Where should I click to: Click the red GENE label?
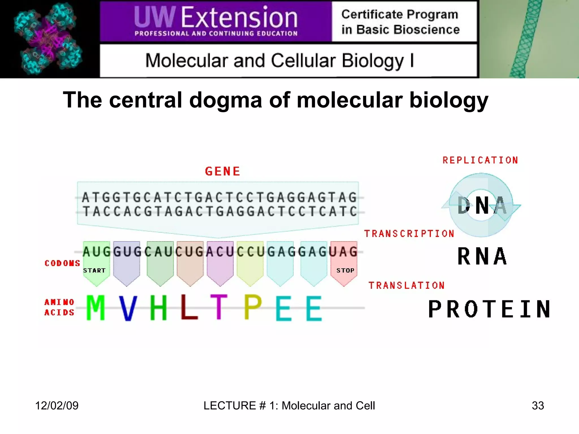coord(222,171)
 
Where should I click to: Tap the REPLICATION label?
coord(480,160)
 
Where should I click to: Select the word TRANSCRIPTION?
coord(409,234)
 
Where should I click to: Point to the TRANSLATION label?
coord(407,285)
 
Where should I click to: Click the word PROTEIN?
coord(489,309)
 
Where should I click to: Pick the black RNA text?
coord(482,256)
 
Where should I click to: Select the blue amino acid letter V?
coord(128,308)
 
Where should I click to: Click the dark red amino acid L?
coord(189,307)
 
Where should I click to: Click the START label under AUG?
coord(94,270)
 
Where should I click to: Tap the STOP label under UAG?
coord(345,270)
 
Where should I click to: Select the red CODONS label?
coord(62,263)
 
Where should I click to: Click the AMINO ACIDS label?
coord(59,307)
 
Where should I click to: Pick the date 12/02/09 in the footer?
coord(57,405)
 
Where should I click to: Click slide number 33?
coord(538,405)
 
